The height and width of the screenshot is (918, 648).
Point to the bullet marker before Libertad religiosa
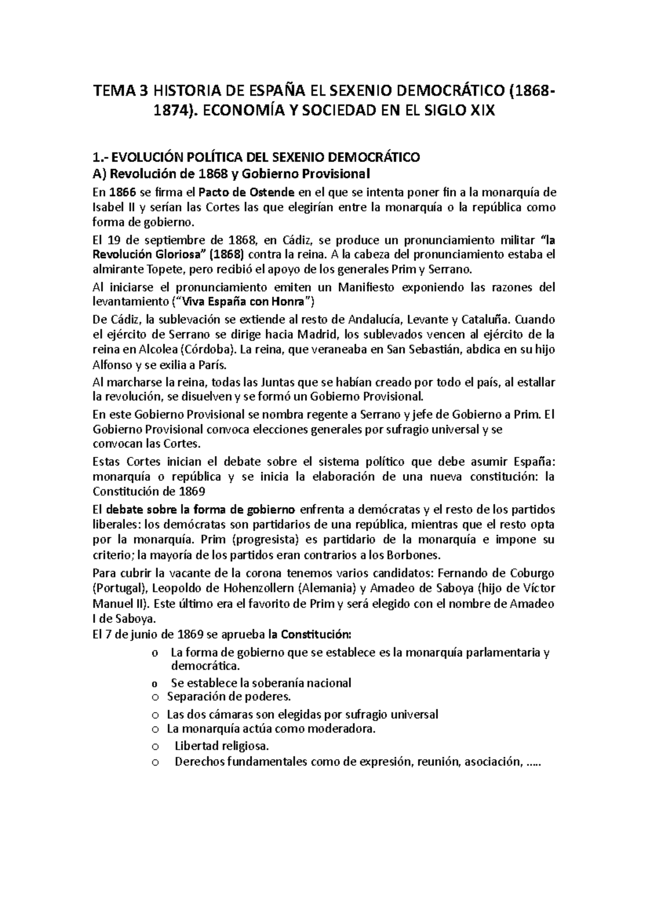pyautogui.click(x=156, y=747)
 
